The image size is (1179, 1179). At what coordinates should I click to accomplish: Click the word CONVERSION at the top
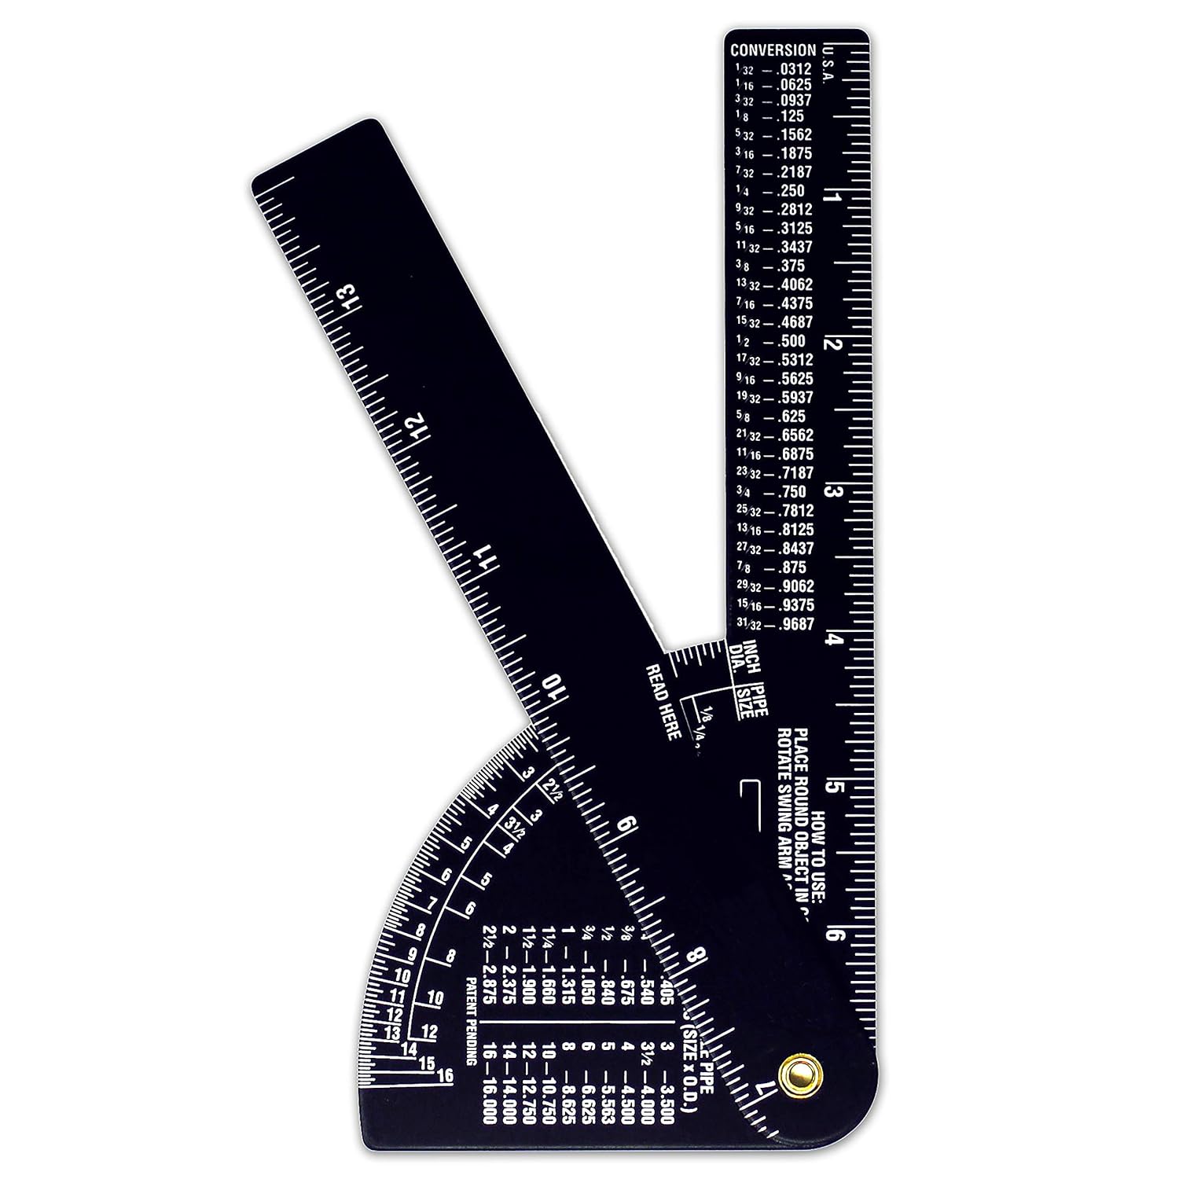point(773,50)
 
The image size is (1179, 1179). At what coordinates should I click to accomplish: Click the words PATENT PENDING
point(470,1021)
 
